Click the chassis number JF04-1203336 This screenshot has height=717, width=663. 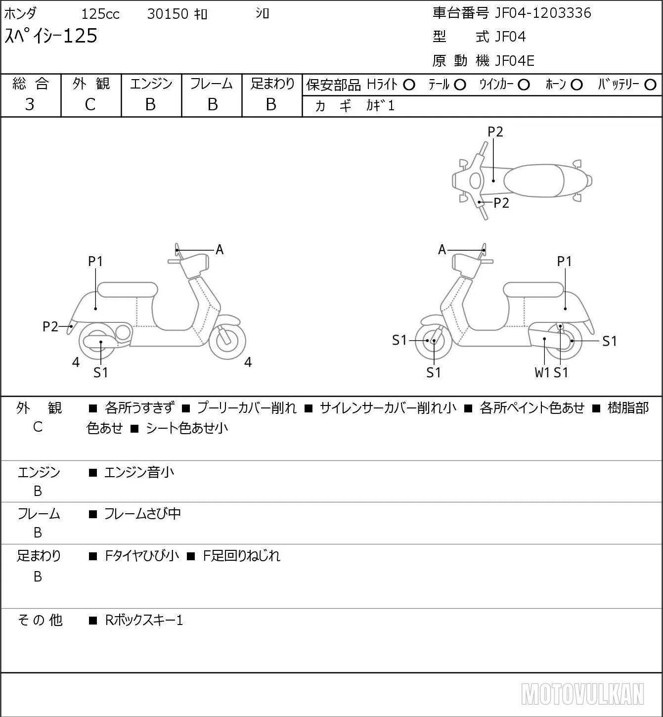point(543,13)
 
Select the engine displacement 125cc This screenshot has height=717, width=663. point(100,14)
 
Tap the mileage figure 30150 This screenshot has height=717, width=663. point(168,14)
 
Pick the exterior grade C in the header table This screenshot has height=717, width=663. point(90,105)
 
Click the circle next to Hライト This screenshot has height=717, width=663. point(409,85)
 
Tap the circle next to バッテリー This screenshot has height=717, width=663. point(650,85)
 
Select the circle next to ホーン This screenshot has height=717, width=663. point(576,85)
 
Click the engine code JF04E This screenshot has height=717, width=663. point(515,61)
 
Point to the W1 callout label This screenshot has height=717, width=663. point(542,372)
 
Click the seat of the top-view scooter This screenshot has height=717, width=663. point(533,180)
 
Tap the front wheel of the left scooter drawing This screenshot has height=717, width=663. point(227,341)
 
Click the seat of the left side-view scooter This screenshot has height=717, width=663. point(128,290)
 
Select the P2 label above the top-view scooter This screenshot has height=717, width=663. point(495,132)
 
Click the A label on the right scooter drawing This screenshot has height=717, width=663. point(442,250)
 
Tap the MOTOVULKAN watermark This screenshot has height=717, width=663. point(582,694)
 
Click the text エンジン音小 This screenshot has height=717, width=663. point(139,472)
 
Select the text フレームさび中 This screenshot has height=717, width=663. point(142,514)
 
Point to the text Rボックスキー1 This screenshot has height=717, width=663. point(144,620)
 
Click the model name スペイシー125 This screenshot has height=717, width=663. point(51,36)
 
